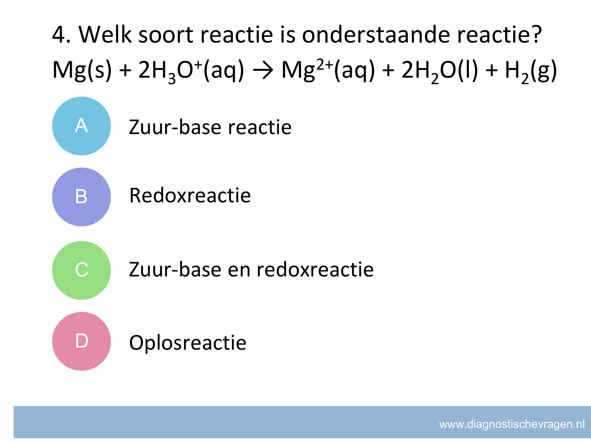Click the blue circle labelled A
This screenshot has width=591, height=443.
pos(82,126)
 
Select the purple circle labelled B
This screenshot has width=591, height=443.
pos(82,197)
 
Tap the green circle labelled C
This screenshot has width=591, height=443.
pos(82,270)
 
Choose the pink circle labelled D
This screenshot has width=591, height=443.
pos(82,341)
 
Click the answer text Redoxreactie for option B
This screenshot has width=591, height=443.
pos(190,195)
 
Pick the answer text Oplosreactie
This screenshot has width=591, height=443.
pos(188,343)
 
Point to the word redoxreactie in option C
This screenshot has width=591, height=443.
pos(315,269)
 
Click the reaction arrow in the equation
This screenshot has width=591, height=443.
pos(263,71)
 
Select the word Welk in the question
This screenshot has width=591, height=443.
pos(105,34)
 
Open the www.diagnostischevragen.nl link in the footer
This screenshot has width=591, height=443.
pos(512,425)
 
